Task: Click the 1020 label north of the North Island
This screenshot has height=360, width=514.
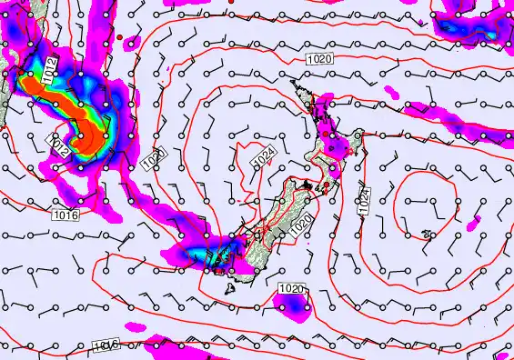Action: (319, 59)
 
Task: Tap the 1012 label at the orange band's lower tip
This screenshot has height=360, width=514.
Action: (59, 145)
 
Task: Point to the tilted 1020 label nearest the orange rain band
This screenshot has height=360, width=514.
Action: (152, 158)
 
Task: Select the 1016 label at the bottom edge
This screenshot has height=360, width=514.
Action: (106, 346)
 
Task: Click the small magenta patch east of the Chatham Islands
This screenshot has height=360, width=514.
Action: (471, 223)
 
